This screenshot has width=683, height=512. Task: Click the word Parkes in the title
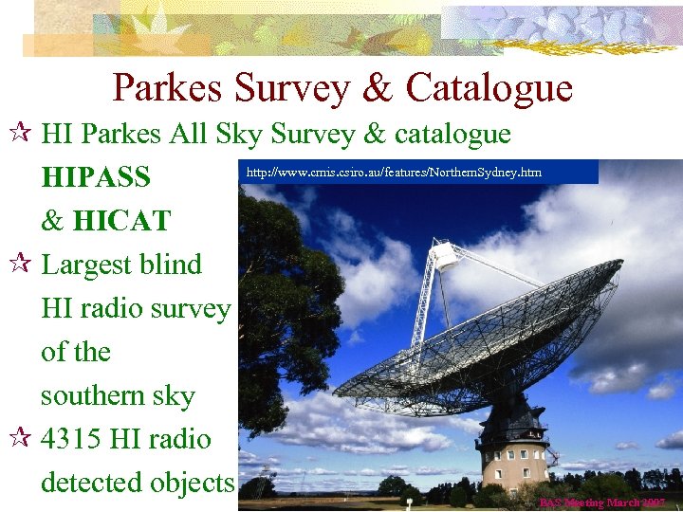168,88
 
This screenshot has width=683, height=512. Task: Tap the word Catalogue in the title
489,88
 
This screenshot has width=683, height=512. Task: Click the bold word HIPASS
96,177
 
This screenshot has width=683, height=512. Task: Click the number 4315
73,439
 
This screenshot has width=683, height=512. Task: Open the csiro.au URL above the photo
394,173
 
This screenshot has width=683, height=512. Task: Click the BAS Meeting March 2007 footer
602,503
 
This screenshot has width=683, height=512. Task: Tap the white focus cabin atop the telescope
444,255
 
